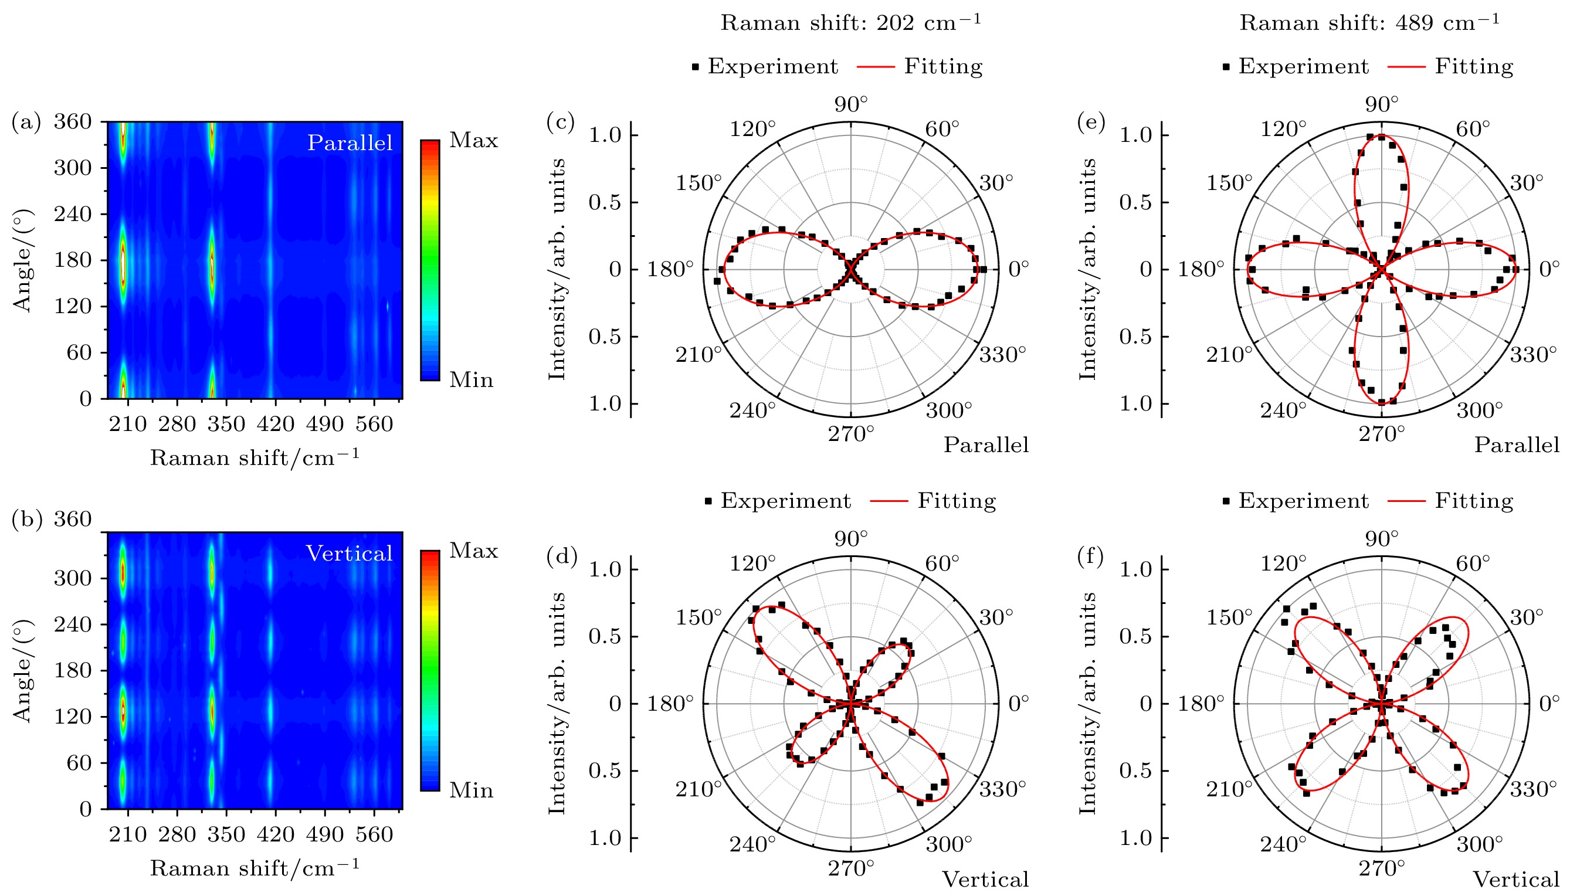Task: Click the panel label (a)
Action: pyautogui.click(x=26, y=123)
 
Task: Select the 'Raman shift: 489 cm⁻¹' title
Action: pyautogui.click(x=1369, y=23)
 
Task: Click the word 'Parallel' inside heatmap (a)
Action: pyautogui.click(x=350, y=142)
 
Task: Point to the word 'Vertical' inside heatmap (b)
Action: pyautogui.click(x=349, y=553)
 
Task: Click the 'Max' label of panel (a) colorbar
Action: pyautogui.click(x=473, y=140)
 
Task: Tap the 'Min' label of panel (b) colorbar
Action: pyautogui.click(x=471, y=790)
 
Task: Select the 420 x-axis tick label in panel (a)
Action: pyautogui.click(x=275, y=424)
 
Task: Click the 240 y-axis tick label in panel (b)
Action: pyautogui.click(x=73, y=624)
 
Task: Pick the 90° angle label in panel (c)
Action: pyautogui.click(x=851, y=104)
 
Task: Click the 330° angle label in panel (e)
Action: pyautogui.click(x=1532, y=355)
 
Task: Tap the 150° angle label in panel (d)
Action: pyautogui.click(x=698, y=617)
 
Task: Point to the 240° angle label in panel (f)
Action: pyautogui.click(x=1283, y=844)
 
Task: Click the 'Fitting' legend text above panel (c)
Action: pyautogui.click(x=943, y=66)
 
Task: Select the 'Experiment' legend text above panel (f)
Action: pyautogui.click(x=1304, y=501)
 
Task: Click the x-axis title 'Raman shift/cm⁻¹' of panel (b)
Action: pyautogui.click(x=255, y=868)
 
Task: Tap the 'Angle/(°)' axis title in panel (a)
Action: pyautogui.click(x=22, y=261)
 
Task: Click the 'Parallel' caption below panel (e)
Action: pyautogui.click(x=1517, y=445)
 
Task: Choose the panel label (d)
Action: pyautogui.click(x=561, y=557)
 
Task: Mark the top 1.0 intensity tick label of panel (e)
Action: pyautogui.click(x=1135, y=135)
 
